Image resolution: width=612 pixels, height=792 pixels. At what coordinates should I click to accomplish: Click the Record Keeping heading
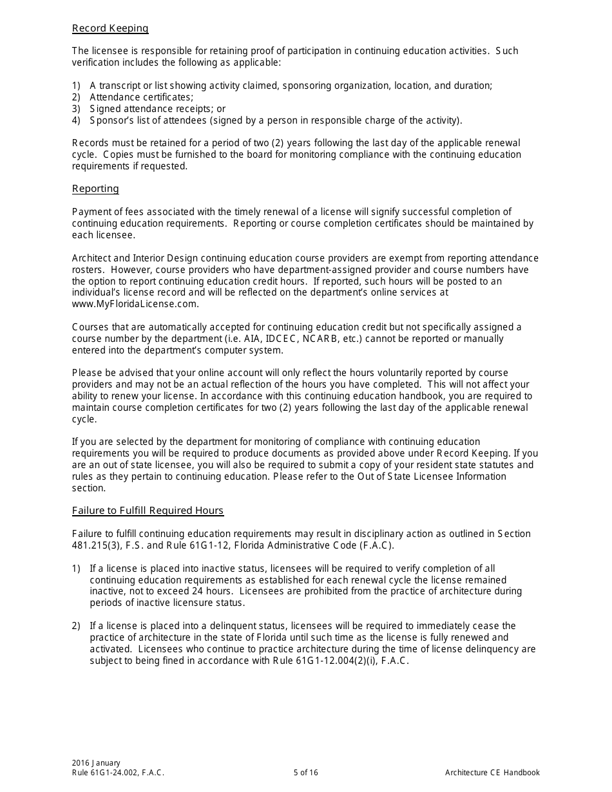(110, 28)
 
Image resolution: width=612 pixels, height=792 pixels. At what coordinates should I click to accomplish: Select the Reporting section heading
(95, 189)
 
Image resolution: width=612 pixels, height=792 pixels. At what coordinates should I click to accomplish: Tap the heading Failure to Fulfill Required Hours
(148, 511)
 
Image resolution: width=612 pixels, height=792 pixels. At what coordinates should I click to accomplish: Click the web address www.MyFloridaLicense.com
(135, 304)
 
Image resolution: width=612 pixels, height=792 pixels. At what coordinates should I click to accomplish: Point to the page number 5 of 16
(305, 773)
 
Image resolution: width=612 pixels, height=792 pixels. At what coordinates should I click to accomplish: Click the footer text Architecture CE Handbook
(492, 773)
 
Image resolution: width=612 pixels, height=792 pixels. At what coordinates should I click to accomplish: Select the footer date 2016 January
(97, 763)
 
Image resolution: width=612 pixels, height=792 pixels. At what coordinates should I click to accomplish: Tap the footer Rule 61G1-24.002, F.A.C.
(118, 773)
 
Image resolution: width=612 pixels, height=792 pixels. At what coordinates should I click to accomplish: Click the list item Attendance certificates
(141, 97)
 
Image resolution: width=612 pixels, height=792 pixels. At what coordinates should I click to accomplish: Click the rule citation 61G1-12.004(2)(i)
(334, 661)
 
